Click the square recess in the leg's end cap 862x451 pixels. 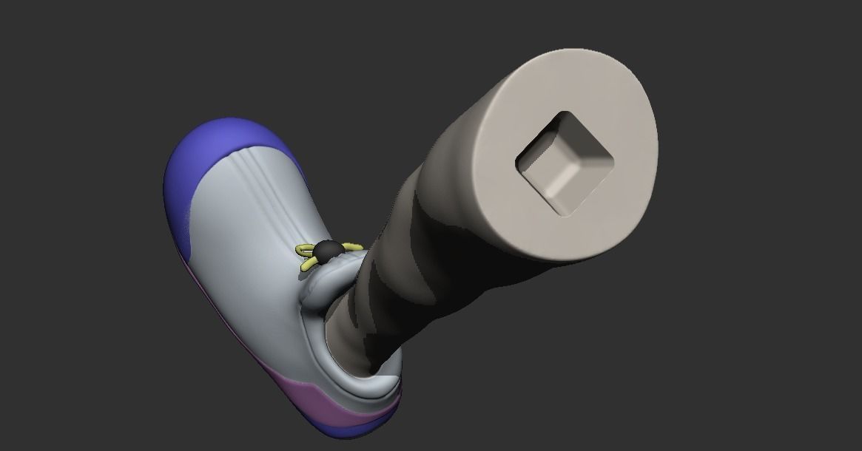(x=565, y=163)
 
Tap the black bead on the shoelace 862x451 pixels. (x=324, y=253)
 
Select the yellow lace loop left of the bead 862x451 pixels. (x=305, y=251)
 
